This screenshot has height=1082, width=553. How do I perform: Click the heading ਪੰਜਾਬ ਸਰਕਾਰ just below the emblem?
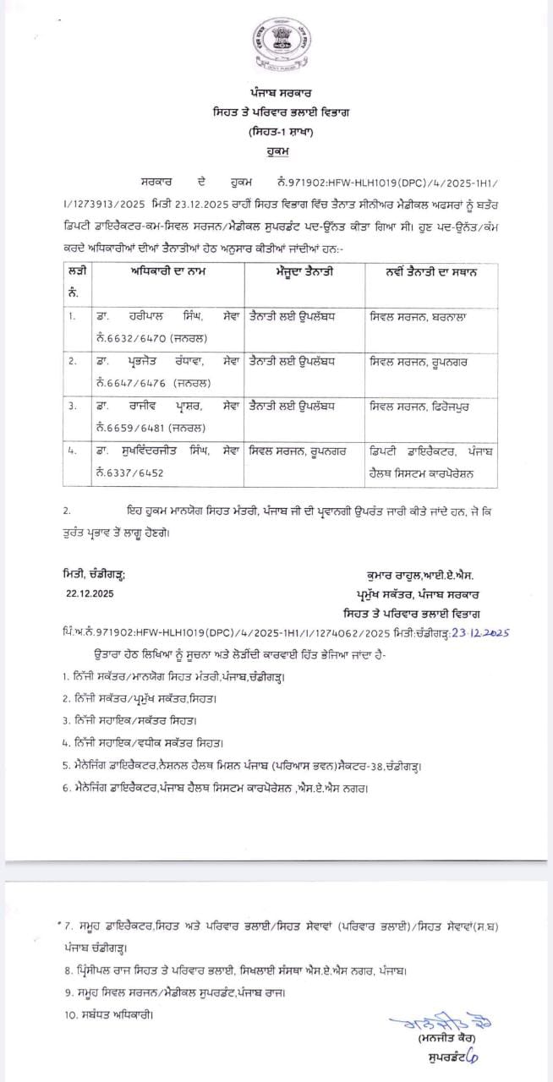[276, 92]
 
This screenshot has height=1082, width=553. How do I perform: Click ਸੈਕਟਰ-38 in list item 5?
[328, 766]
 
